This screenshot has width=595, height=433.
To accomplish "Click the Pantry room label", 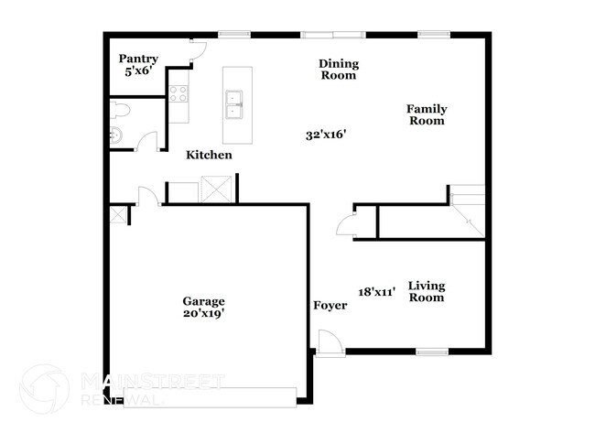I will [x=137, y=59].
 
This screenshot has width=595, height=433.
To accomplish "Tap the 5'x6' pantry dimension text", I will [x=137, y=70].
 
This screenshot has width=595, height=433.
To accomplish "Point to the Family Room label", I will [x=427, y=114].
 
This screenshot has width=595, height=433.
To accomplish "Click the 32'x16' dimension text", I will [x=325, y=135].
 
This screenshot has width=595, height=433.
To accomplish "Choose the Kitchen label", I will [x=209, y=156].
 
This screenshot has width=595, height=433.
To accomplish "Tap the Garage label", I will [x=203, y=300].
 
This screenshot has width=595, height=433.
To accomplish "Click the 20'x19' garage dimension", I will [x=203, y=313].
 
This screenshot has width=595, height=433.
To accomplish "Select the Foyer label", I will [x=330, y=305].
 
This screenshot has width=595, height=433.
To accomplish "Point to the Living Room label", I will [x=427, y=291].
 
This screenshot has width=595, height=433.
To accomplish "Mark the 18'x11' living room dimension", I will [x=376, y=292].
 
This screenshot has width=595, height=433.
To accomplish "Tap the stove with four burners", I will [x=178, y=92].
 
